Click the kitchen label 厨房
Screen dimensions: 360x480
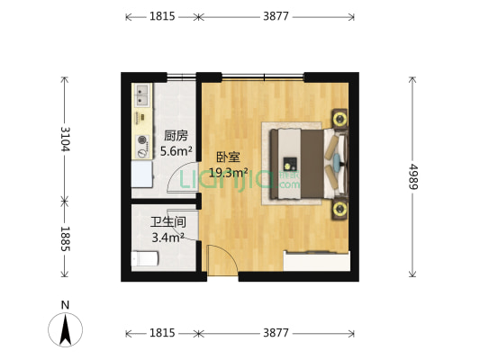176,136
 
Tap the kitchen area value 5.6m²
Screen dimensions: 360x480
176,151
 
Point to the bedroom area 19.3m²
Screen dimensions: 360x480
229,172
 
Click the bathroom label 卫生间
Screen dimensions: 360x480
168,222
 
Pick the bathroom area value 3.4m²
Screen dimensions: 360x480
168,238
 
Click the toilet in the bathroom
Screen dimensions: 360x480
145,259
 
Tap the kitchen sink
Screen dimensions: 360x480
142,94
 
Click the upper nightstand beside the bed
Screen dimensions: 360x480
340,118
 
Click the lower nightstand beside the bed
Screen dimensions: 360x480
340,210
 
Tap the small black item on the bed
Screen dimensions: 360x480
290,165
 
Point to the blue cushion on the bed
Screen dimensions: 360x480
336,164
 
